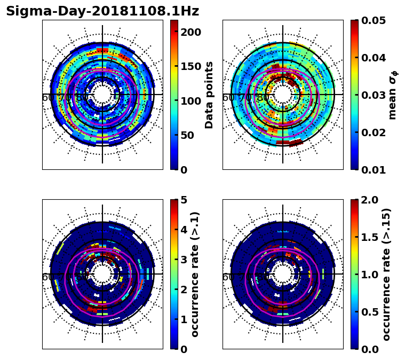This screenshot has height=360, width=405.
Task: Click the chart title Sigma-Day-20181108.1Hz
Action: click(x=102, y=11)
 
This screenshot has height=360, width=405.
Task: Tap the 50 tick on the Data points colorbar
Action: click(x=187, y=136)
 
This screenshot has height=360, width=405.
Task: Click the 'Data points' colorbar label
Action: click(x=209, y=95)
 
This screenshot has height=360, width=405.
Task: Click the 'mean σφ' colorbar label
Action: click(x=393, y=95)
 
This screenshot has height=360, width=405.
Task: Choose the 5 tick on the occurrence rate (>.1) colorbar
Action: click(x=183, y=200)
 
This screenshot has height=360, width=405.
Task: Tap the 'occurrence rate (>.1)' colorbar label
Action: click(x=195, y=275)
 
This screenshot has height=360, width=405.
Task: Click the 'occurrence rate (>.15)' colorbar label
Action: click(x=387, y=275)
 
